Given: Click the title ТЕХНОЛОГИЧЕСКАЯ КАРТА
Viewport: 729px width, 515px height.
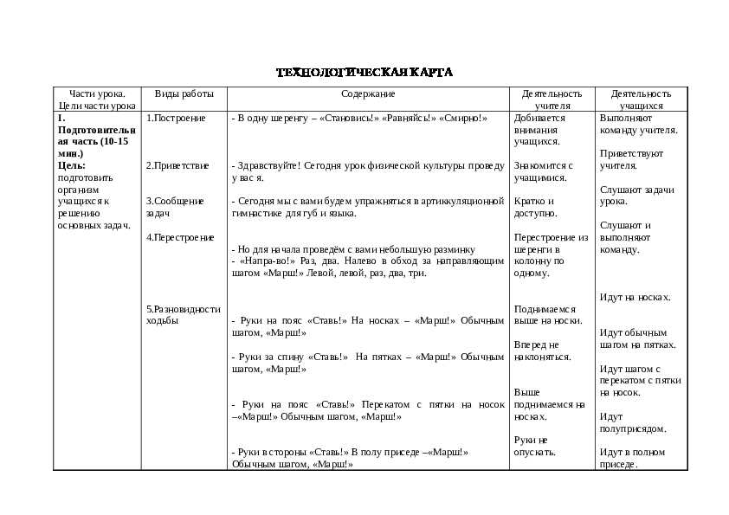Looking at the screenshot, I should pyautogui.click(x=364, y=72).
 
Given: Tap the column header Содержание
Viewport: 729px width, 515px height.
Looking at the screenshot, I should pyautogui.click(x=368, y=93).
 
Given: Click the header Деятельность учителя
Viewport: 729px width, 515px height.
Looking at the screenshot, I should pyautogui.click(x=552, y=100).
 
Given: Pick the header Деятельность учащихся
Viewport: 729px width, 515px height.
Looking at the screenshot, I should pyautogui.click(x=641, y=100).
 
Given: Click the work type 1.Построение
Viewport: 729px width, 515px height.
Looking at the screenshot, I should pyautogui.click(x=176, y=118).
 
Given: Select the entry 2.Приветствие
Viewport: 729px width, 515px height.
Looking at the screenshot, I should pyautogui.click(x=177, y=164).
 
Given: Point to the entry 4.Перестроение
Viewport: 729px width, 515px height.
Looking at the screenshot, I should pyautogui.click(x=180, y=237).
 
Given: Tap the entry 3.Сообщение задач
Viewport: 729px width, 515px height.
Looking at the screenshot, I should pyautogui.click(x=175, y=207).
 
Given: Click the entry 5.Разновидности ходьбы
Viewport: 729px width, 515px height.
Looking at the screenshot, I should pyautogui.click(x=184, y=314).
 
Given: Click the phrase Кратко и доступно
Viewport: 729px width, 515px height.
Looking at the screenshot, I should pyautogui.click(x=535, y=207).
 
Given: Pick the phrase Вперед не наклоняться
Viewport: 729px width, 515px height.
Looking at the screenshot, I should pyautogui.click(x=542, y=351).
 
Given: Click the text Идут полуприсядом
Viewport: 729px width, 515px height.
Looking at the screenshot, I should pyautogui.click(x=632, y=422).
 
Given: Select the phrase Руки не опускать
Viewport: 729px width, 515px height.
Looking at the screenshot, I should pyautogui.click(x=534, y=446).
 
